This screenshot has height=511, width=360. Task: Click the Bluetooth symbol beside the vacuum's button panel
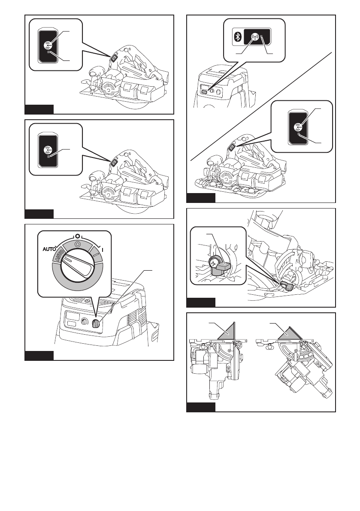coord(235,37)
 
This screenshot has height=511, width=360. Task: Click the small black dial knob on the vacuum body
coord(95,325)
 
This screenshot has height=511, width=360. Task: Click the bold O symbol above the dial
coord(76,236)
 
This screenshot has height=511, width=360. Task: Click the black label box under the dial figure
coord(39,355)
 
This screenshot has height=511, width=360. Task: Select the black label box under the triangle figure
coord(201,408)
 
